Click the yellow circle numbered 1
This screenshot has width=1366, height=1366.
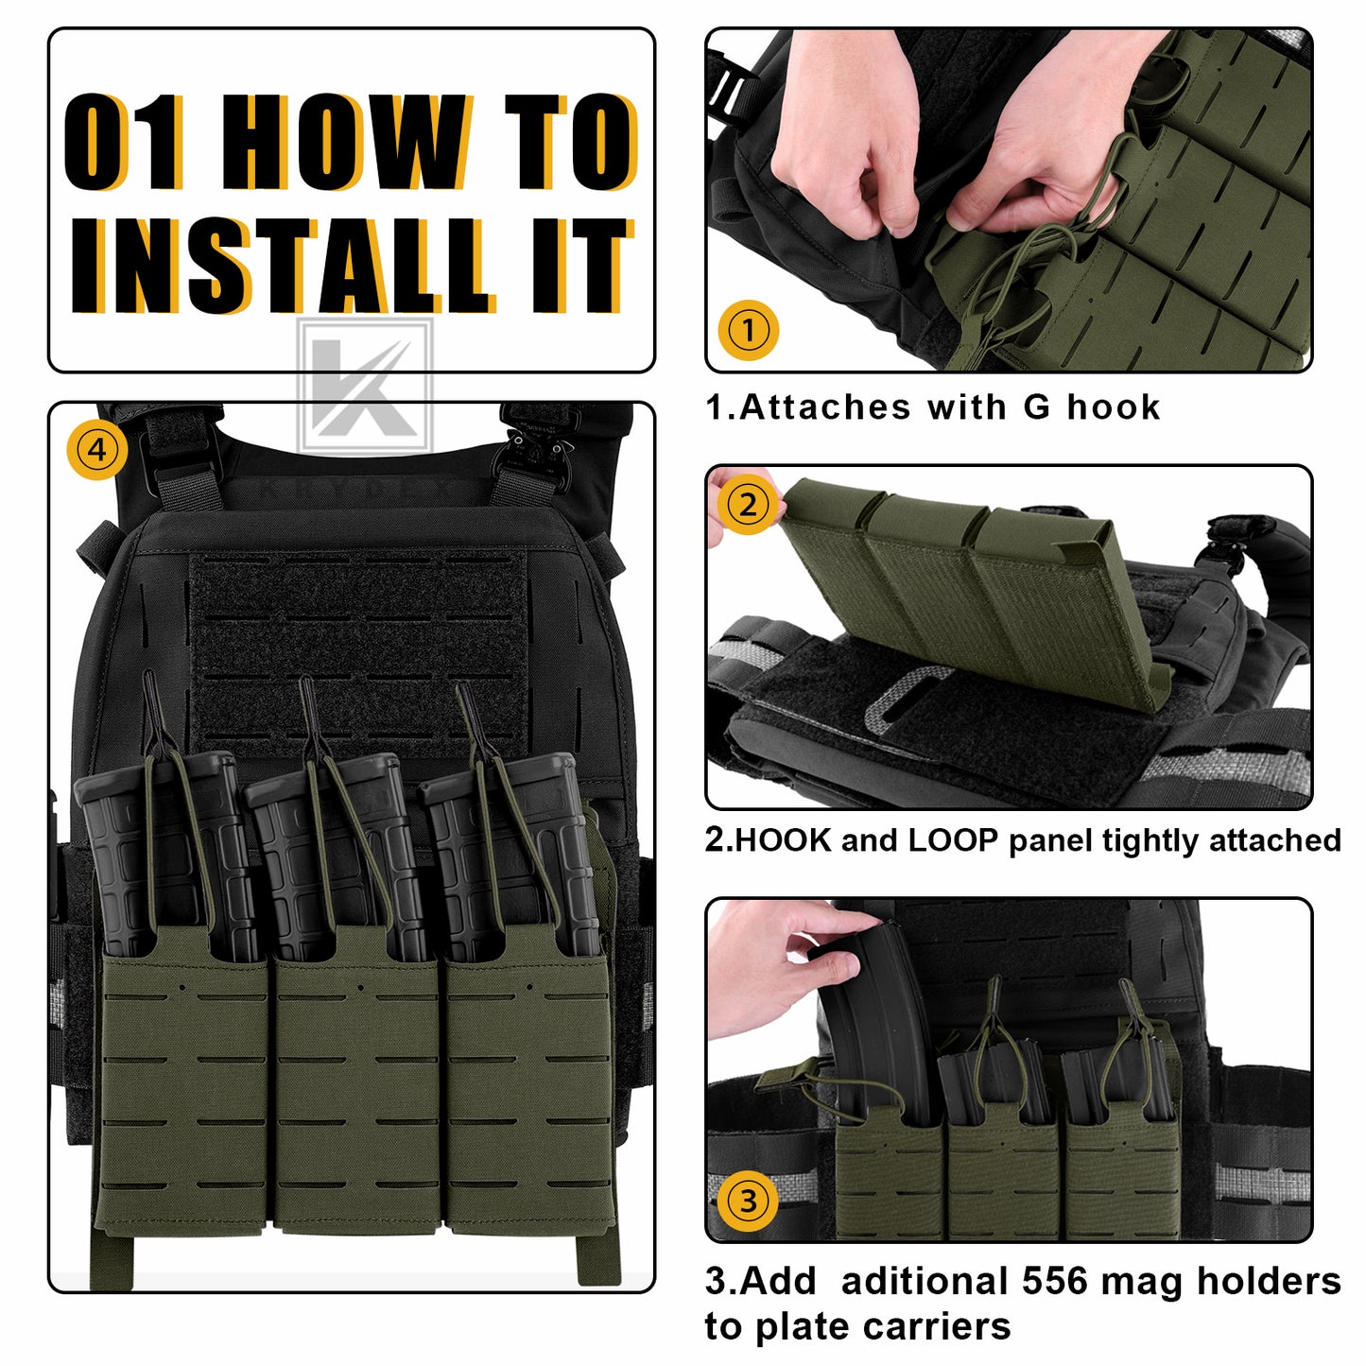[x=748, y=330]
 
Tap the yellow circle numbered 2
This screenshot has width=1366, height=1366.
[x=748, y=505]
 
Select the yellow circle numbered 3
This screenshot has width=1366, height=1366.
[x=748, y=1201]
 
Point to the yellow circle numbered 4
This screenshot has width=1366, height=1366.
[x=97, y=450]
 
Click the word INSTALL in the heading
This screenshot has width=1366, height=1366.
[x=284, y=266]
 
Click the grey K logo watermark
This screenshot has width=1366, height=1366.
[x=365, y=387]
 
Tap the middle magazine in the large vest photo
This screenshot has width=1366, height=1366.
[x=337, y=857]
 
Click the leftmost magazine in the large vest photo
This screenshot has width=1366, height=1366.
[x=166, y=856]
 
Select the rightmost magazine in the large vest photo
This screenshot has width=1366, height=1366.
[x=510, y=856]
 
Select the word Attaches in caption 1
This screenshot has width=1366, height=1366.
[x=824, y=406]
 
